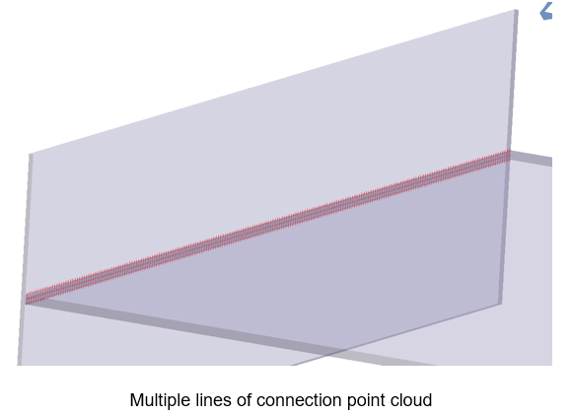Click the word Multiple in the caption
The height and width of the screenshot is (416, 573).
[155, 400]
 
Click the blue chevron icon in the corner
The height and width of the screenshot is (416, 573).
[546, 11]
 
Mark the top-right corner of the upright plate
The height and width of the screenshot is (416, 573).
[516, 10]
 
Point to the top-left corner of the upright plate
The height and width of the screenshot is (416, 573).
[30, 154]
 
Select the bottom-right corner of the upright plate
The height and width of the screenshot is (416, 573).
[501, 304]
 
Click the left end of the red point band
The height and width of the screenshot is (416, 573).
[27, 299]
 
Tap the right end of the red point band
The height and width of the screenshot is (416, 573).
[509, 156]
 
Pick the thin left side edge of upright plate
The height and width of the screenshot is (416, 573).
[25, 259]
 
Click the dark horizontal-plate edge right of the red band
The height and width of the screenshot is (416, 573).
[532, 159]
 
